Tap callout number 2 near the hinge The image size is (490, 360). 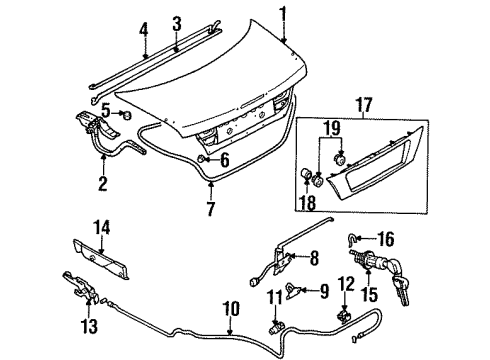[x=101, y=183]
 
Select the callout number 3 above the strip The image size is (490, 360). [x=176, y=21]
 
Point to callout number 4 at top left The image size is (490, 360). [x=143, y=29]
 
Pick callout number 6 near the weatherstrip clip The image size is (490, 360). [x=224, y=159]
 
